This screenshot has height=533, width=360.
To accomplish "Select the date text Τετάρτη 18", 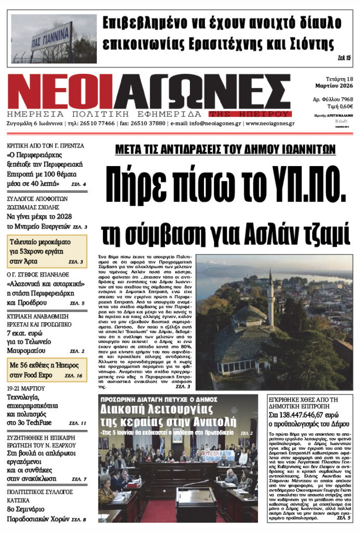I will [x=332, y=77].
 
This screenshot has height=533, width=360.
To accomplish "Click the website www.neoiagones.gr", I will [x=270, y=124].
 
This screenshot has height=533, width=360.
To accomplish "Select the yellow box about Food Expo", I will [x=47, y=370].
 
